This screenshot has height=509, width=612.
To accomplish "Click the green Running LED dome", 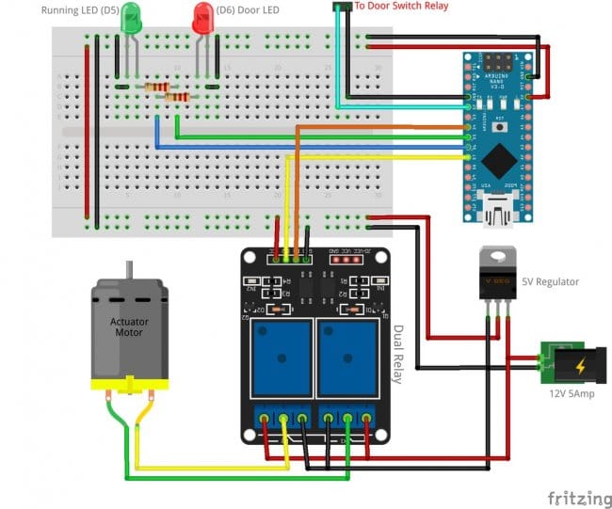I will tap(131, 16).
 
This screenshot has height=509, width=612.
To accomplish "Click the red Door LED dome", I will tap(202, 16).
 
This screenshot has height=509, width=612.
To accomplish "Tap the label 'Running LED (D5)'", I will tap(79, 9).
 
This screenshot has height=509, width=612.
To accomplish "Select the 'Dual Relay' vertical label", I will tap(397, 355).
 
